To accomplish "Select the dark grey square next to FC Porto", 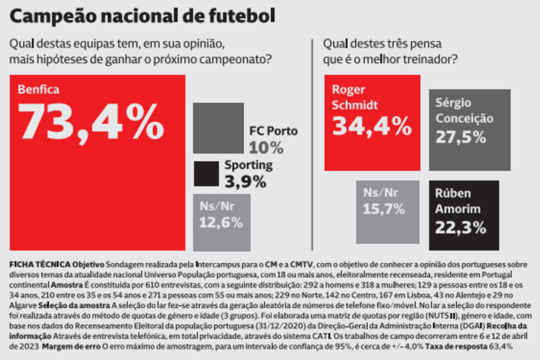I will [x=218, y=128].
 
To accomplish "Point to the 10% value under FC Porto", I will [x=266, y=147].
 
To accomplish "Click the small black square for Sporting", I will [x=206, y=173].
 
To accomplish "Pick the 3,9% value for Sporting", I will [x=245, y=181].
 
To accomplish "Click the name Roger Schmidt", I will [x=354, y=97].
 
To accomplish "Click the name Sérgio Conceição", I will [x=464, y=111].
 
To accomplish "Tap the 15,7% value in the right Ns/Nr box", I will [x=384, y=209].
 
